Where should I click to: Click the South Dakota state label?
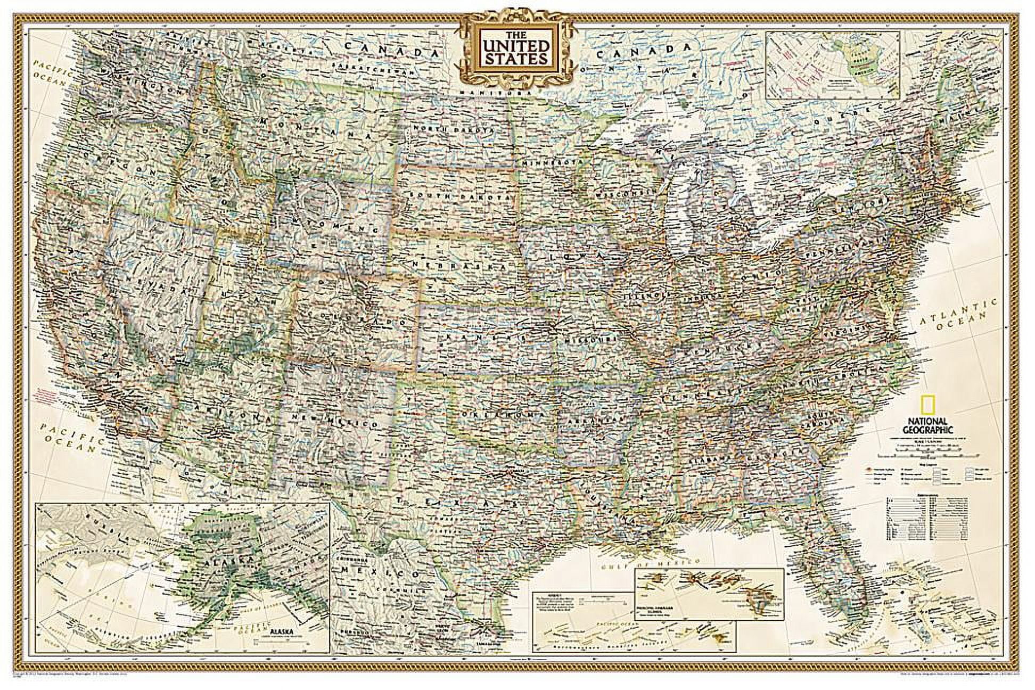click(x=456, y=196)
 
